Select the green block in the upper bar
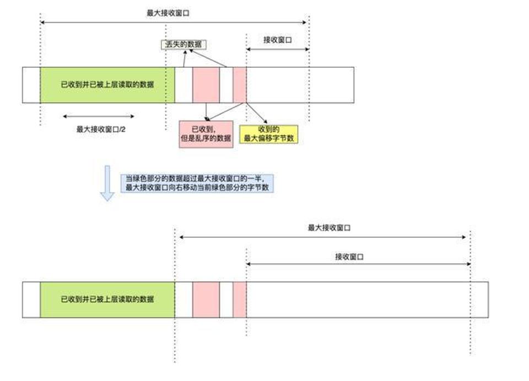click(107, 85)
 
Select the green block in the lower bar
click(107, 300)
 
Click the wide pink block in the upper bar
click(206, 85)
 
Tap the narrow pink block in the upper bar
click(240, 85)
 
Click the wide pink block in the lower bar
click(206, 300)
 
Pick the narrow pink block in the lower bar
click(240, 300)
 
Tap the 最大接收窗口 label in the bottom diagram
click(330, 227)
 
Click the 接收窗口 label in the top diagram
click(277, 40)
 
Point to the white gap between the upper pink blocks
click(226, 85)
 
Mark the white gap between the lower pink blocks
click(226, 300)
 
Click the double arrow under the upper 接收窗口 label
click(277, 49)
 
